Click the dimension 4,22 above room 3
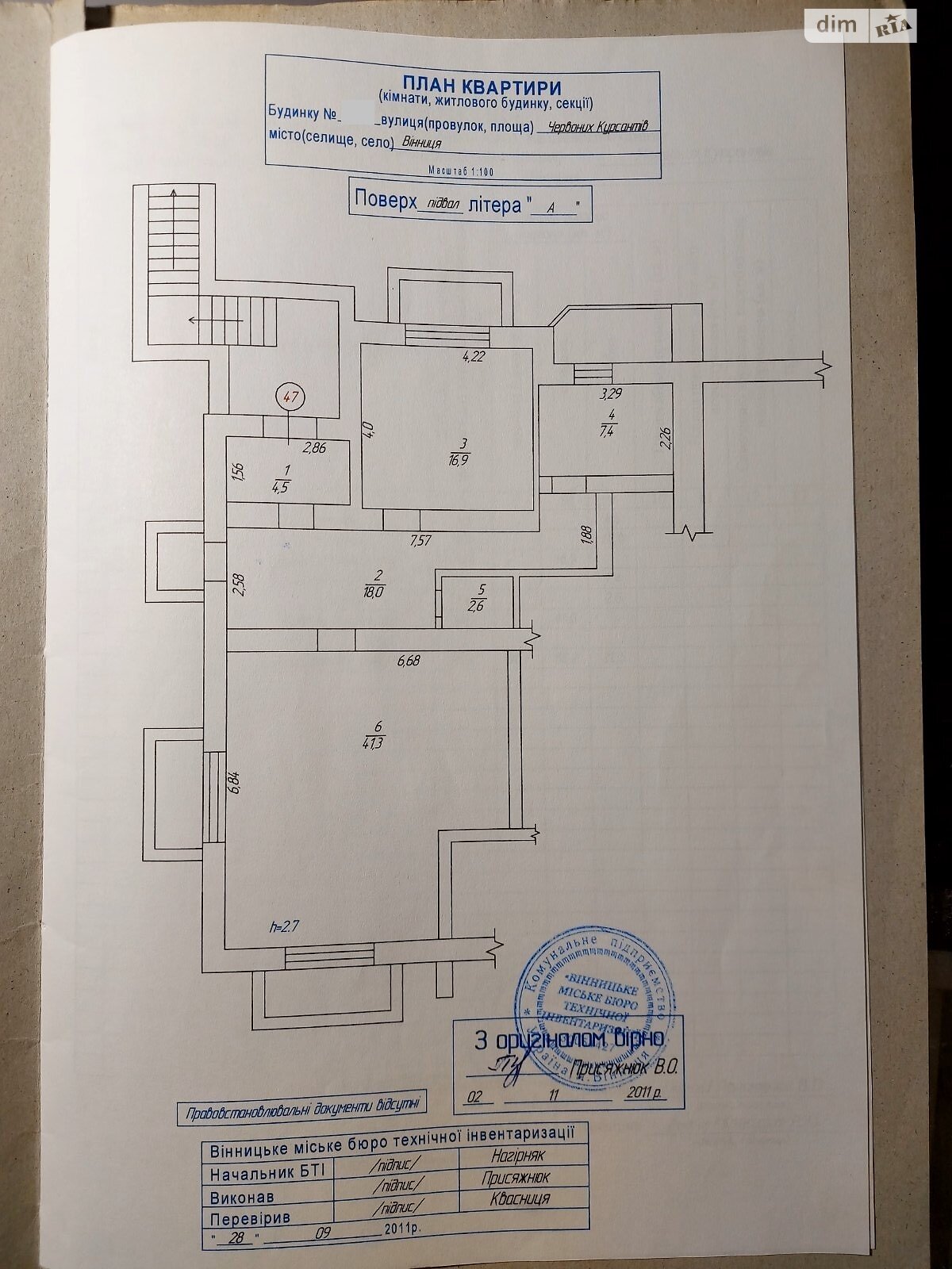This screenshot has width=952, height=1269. (474, 355)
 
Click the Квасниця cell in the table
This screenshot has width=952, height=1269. (516, 1198)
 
